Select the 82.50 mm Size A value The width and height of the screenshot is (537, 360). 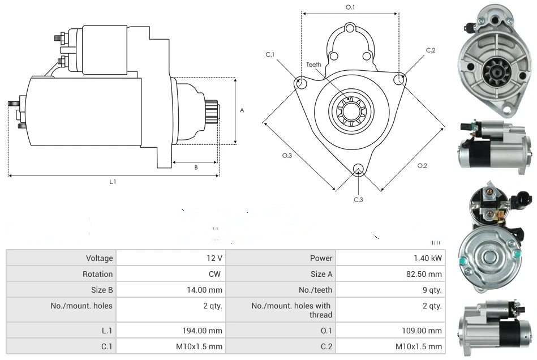click(x=427, y=274)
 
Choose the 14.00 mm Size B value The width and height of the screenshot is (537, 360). click(x=208, y=290)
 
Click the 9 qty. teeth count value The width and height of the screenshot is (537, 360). click(x=432, y=290)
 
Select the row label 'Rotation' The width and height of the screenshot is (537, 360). click(x=98, y=274)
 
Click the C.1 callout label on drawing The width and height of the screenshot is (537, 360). click(x=270, y=54)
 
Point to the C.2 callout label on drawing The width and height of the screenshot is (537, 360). click(x=431, y=50)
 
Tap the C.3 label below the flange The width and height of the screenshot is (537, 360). click(x=358, y=199)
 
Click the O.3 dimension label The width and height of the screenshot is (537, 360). click(x=287, y=156)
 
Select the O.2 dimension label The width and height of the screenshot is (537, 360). click(x=422, y=165)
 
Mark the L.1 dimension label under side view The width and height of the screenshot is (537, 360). click(x=113, y=181)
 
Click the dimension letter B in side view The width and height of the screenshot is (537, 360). click(x=196, y=167)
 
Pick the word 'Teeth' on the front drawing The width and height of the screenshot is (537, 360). click(x=313, y=65)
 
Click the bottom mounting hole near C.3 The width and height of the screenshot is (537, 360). click(x=358, y=168)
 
